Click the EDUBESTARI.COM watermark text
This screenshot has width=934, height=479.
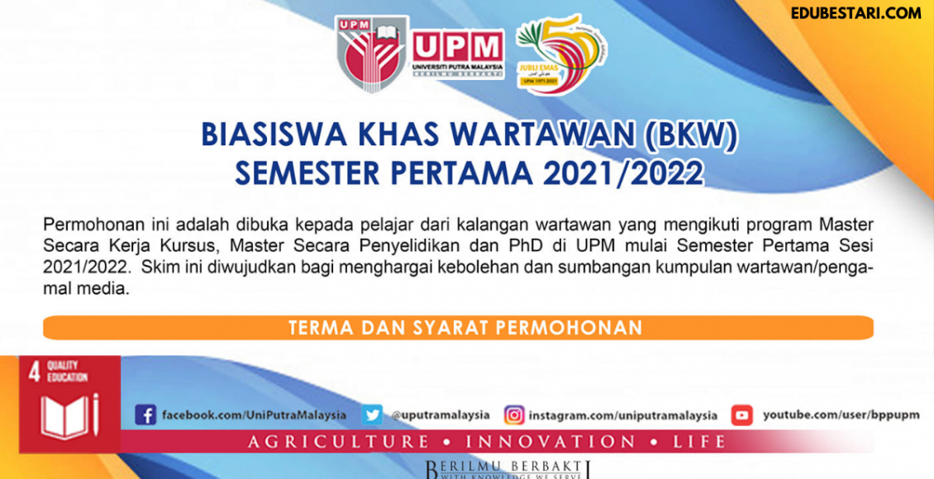855,13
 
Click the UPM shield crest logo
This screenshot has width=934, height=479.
371,54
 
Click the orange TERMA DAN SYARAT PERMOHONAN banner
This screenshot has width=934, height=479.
458,328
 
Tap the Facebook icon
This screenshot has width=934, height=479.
145,415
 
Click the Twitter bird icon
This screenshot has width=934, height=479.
372,415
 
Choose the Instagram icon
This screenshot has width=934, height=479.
514,415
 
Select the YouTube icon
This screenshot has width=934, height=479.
741,415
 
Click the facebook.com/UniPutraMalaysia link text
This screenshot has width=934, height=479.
255,415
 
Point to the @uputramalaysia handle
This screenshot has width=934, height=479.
441,415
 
